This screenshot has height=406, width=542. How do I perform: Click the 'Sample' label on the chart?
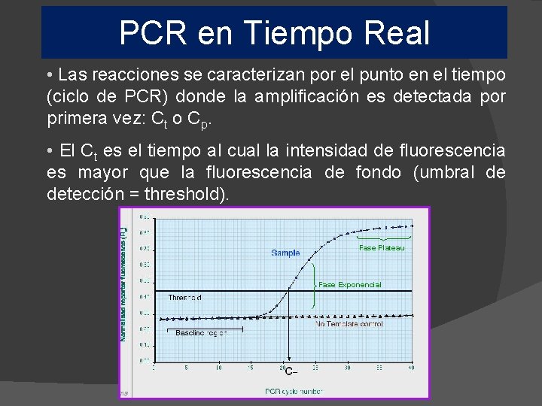pyautogui.click(x=285, y=253)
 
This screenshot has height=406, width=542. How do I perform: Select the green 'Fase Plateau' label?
pyautogui.click(x=382, y=248)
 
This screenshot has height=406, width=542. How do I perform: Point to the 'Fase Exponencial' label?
pyautogui.click(x=350, y=285)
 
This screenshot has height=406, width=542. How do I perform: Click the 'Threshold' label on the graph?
pyautogui.click(x=184, y=298)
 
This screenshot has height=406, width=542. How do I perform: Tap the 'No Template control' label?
pyautogui.click(x=351, y=324)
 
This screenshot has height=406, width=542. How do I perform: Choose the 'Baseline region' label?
pyautogui.click(x=201, y=333)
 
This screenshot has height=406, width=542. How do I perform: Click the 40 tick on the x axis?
pyautogui.click(x=411, y=368)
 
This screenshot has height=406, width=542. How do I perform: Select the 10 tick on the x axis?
pyautogui.click(x=218, y=368)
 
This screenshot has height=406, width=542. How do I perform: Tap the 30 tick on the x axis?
pyautogui.click(x=346, y=368)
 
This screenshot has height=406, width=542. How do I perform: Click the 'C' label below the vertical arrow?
pyautogui.click(x=290, y=371)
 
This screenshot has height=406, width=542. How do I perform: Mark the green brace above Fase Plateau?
pyautogui.click(x=381, y=238)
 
